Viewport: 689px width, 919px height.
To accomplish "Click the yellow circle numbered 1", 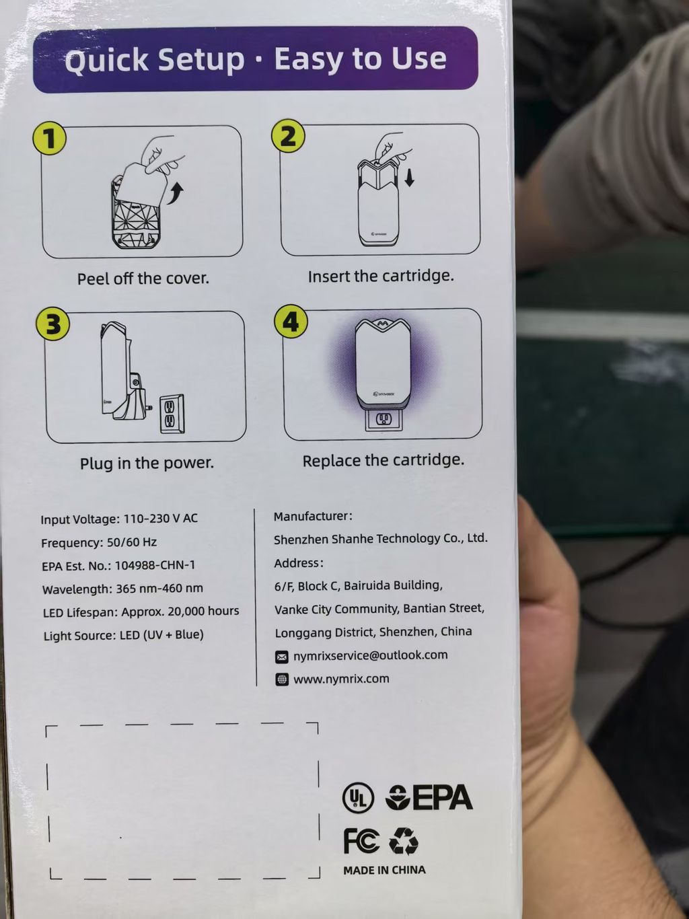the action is pyautogui.click(x=50, y=139).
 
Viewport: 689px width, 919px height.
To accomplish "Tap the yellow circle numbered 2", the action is pyautogui.click(x=288, y=136).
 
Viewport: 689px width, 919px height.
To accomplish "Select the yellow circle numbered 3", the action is pyautogui.click(x=52, y=324).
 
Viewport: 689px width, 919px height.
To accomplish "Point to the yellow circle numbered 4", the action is pyautogui.click(x=291, y=322).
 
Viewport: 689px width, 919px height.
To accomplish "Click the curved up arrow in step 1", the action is pyautogui.click(x=176, y=193).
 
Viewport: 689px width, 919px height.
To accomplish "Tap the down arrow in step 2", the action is pyautogui.click(x=409, y=178).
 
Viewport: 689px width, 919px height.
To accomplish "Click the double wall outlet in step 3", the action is pyautogui.click(x=172, y=414).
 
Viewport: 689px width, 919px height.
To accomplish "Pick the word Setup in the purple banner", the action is pyautogui.click(x=201, y=59).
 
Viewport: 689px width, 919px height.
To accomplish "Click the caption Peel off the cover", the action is pyautogui.click(x=143, y=279).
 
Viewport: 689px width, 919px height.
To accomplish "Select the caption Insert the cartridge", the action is pyautogui.click(x=381, y=277).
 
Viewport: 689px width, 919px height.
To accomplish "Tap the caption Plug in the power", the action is pyautogui.click(x=147, y=463).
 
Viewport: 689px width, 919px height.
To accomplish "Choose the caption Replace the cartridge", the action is pyautogui.click(x=384, y=461).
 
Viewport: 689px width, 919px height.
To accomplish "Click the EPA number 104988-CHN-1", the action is pyautogui.click(x=155, y=565).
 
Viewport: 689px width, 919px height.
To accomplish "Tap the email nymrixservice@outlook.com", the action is pyautogui.click(x=371, y=655).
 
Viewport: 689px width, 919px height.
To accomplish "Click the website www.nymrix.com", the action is pyautogui.click(x=341, y=679).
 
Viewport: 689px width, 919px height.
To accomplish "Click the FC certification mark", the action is pyautogui.click(x=361, y=841).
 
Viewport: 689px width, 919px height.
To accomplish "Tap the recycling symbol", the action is pyautogui.click(x=404, y=841).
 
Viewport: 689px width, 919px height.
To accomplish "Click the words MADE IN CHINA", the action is pyautogui.click(x=384, y=870).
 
